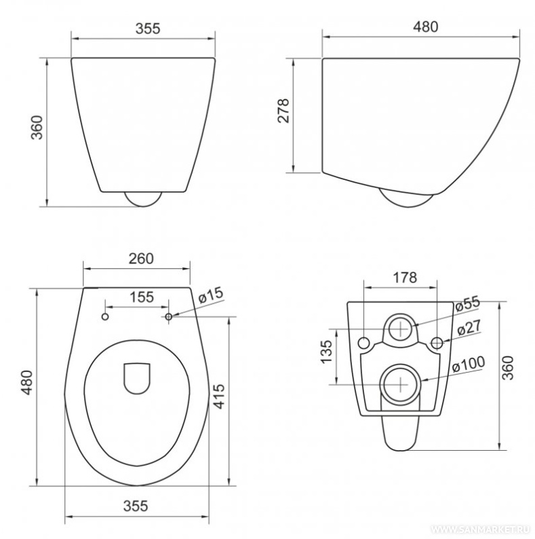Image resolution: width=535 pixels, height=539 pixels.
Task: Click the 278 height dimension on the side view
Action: pos(283,111)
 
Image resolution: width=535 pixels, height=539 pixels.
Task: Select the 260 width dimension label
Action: pos(141,259)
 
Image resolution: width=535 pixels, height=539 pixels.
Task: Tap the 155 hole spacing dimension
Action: pos(142,297)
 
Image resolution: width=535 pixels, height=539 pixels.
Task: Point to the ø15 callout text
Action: pos(211,295)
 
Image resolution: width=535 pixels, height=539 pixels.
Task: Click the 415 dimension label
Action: pos(218,396)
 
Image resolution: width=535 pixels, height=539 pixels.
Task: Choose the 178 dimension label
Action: pos(405,278)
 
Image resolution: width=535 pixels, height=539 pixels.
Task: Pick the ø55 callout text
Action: pos(467,303)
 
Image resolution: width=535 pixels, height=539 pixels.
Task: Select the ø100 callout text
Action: pos(469,364)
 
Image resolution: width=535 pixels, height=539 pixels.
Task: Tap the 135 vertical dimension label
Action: pos(326,352)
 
